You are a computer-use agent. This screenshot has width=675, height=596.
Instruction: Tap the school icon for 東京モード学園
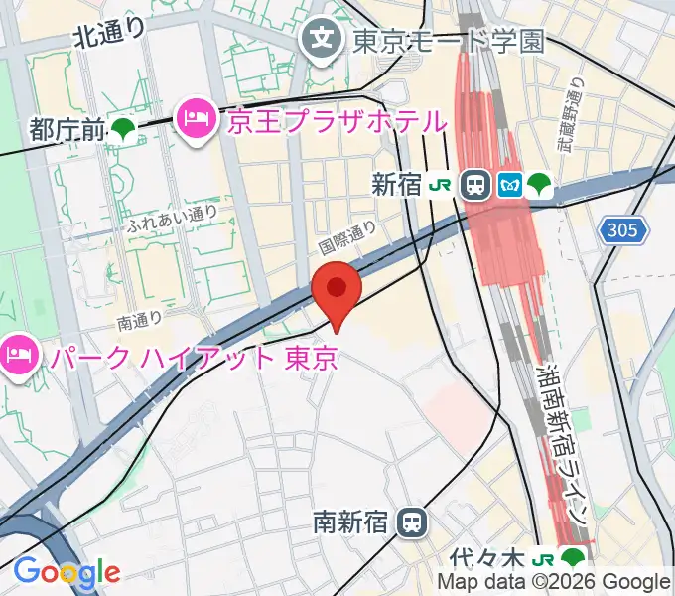[322, 41]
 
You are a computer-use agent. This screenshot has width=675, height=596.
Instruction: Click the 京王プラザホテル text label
[337, 122]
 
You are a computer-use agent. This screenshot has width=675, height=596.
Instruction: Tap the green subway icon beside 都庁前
[123, 129]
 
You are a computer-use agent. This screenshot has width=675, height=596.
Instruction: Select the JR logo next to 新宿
[440, 184]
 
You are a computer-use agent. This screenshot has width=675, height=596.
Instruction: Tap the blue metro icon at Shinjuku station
[509, 184]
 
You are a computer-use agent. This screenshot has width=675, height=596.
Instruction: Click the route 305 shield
[623, 231]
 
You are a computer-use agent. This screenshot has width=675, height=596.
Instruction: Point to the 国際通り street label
[347, 236]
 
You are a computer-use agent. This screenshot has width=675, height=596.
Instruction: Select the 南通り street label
[139, 321]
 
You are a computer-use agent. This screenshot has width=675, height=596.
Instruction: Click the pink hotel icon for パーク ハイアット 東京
[18, 353]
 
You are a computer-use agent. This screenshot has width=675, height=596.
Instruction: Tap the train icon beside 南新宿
[410, 521]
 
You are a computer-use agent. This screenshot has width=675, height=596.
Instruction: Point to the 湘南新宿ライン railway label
[564, 443]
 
